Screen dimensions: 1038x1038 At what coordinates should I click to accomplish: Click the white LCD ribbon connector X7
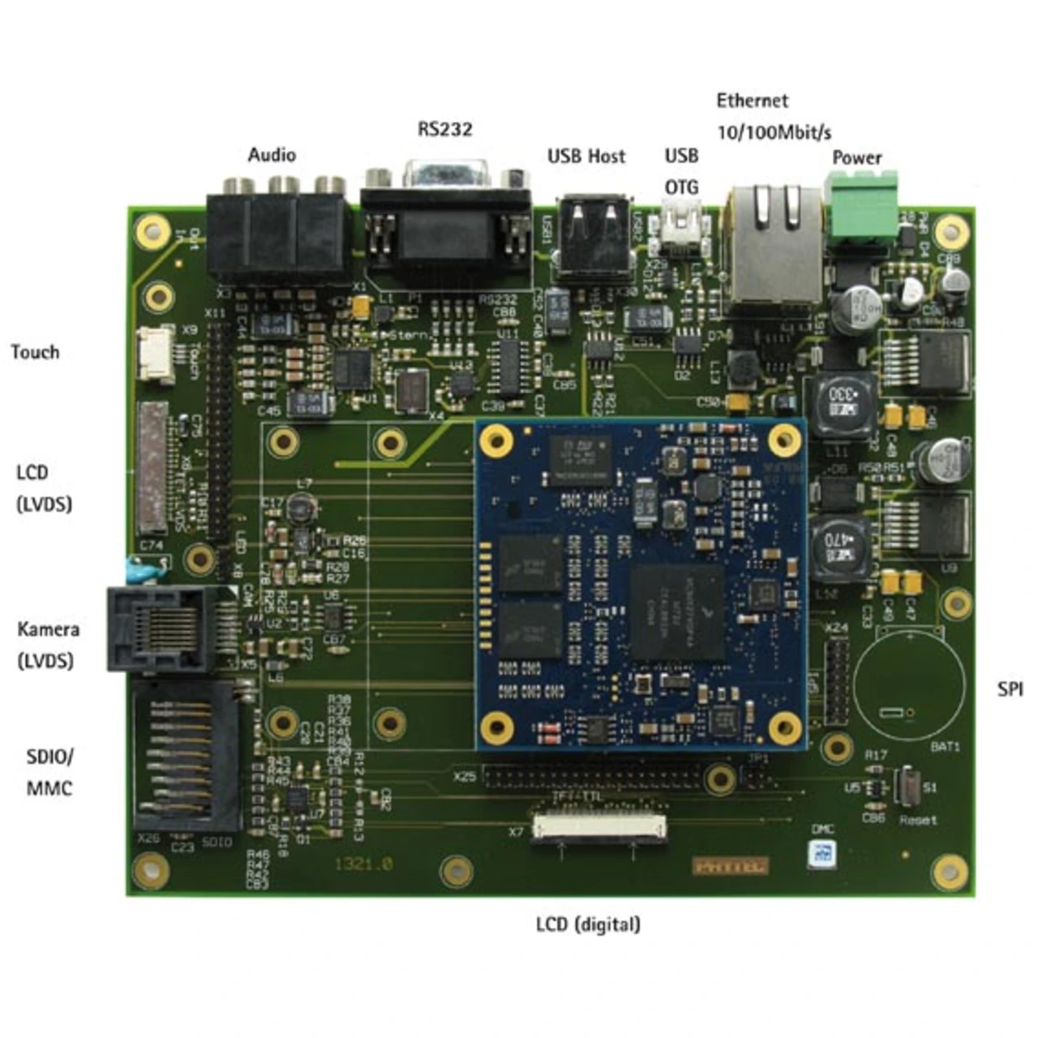pos(599,827)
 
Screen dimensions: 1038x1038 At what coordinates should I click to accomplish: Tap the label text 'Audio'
pos(272,155)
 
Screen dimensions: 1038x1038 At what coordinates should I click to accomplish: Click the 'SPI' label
pos(1010,689)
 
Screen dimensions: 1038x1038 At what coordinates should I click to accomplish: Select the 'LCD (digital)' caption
pos(588,924)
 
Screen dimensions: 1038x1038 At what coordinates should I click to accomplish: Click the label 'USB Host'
pos(586,156)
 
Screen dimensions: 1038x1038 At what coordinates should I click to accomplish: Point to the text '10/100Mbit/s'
pos(774,132)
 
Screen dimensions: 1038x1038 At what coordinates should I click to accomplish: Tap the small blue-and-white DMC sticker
pos(821,854)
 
